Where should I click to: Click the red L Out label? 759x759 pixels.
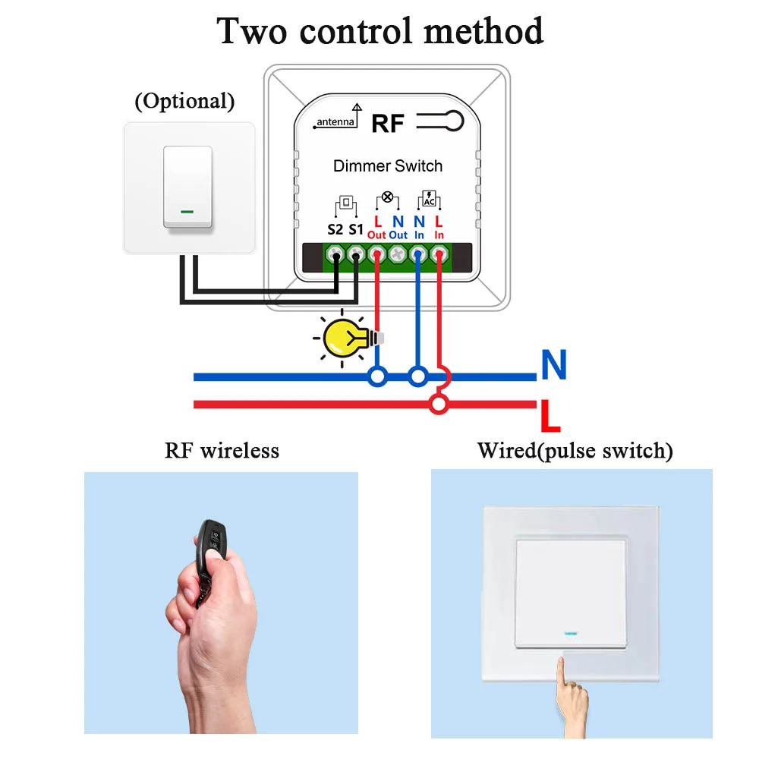click(377, 228)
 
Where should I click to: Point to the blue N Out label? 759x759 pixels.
click(398, 228)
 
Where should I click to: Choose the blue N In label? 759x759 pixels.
click(419, 228)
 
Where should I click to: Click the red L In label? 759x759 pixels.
click(439, 228)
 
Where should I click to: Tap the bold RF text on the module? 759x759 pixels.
click(388, 124)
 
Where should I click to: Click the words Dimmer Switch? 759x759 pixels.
click(388, 165)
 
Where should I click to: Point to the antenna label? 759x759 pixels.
click(335, 122)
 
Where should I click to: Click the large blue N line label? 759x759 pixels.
click(553, 366)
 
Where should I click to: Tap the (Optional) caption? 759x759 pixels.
click(184, 101)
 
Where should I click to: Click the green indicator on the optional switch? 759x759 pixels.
click(186, 212)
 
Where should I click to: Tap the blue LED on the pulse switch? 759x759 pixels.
click(572, 631)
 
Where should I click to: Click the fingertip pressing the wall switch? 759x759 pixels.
click(562, 664)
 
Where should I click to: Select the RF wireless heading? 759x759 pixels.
click(222, 450)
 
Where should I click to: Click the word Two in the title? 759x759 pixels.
click(253, 32)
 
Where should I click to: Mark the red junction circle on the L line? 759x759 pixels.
click(438, 404)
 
